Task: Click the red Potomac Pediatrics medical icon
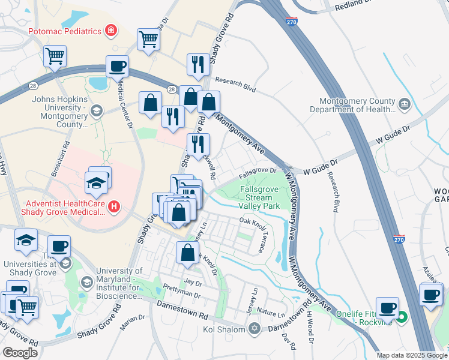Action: tap(110, 30)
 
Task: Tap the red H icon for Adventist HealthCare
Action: tap(114, 207)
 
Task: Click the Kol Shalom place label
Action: tap(223, 329)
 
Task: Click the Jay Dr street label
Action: tap(193, 281)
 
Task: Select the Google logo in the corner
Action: tap(20, 352)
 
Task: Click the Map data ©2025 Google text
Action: tap(411, 355)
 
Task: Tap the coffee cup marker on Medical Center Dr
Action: tap(118, 66)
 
